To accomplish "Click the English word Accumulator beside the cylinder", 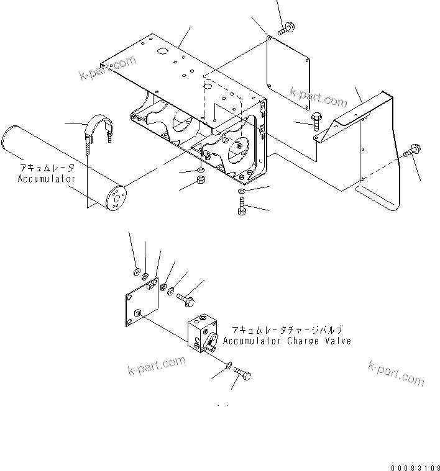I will tap(47, 179).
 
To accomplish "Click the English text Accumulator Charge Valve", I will tap(286, 341).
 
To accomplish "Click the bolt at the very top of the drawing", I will tap(288, 28).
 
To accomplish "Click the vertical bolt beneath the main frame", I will tap(242, 206).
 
